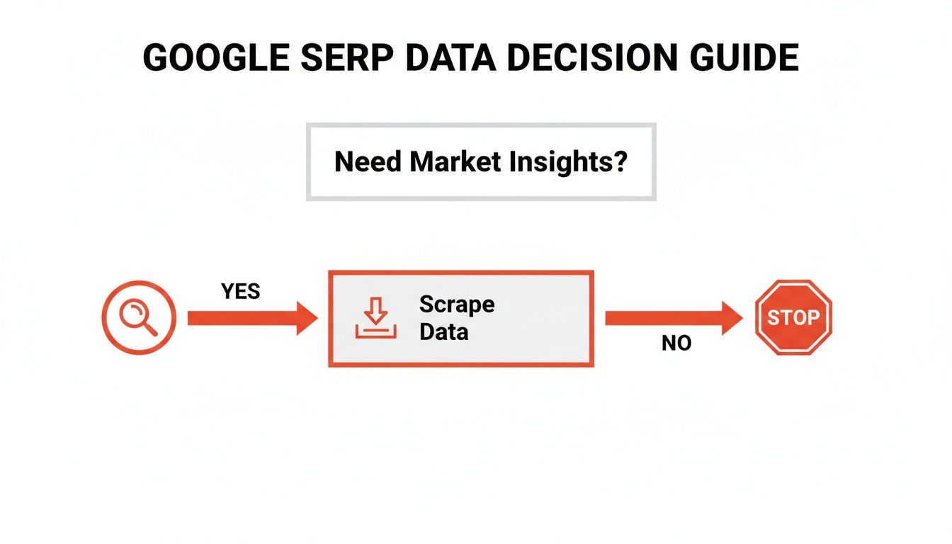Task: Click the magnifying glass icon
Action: click(x=139, y=317)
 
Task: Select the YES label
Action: click(x=241, y=291)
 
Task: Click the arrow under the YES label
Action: click(x=251, y=318)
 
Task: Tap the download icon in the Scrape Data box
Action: click(x=376, y=318)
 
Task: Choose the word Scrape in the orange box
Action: click(x=457, y=305)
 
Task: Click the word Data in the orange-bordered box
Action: click(x=444, y=331)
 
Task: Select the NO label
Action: click(x=676, y=344)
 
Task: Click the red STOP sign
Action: click(x=793, y=317)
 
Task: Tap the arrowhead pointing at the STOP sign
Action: click(x=731, y=318)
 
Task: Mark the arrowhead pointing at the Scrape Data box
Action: click(x=306, y=318)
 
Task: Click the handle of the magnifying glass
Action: click(x=149, y=328)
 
